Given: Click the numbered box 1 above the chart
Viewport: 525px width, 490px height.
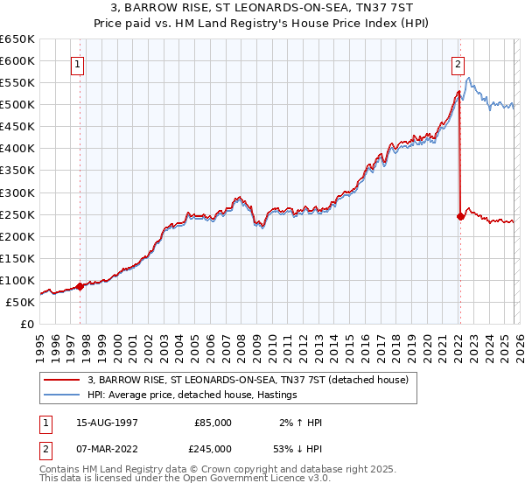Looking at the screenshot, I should tap(78, 63).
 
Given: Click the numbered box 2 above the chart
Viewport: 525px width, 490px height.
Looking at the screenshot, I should tap(458, 63).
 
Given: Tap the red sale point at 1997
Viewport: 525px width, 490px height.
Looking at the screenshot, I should tap(80, 286).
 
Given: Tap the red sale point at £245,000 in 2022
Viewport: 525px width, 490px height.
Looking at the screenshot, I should tap(460, 216).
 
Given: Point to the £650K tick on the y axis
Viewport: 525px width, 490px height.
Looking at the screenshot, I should tap(17, 39).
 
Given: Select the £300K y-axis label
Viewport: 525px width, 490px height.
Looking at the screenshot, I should tap(17, 192).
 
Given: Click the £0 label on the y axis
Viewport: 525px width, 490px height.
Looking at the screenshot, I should tap(26, 324).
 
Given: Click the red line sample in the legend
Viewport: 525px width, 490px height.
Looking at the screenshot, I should tap(63, 380).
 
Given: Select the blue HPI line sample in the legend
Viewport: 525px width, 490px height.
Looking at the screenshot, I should tap(63, 395).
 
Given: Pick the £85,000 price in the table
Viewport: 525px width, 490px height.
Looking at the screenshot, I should tap(213, 423).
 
